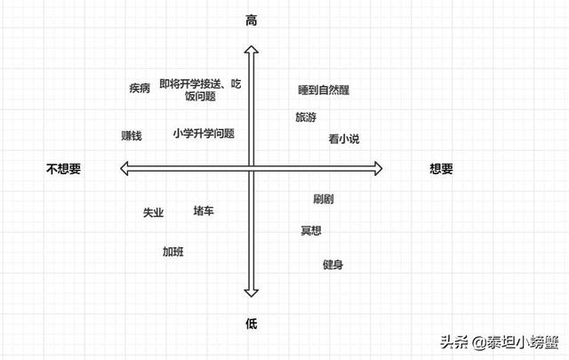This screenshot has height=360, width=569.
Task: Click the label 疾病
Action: pyautogui.click(x=140, y=88)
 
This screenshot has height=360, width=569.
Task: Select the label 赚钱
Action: pyautogui.click(x=132, y=136)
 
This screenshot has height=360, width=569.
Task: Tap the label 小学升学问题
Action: pyautogui.click(x=204, y=133)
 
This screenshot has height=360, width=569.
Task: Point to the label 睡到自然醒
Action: pyautogui.click(x=323, y=90)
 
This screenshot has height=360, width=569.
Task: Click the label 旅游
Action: pyautogui.click(x=305, y=116)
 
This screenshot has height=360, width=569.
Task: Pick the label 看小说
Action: pyautogui.click(x=343, y=138)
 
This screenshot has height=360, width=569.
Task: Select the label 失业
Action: pyautogui.click(x=153, y=213)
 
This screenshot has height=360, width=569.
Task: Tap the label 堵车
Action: pyautogui.click(x=204, y=211)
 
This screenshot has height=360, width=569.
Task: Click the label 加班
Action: pyautogui.click(x=172, y=252)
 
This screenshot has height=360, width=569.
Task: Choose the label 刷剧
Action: pyautogui.click(x=324, y=199)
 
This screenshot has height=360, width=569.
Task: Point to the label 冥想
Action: pyautogui.click(x=311, y=231)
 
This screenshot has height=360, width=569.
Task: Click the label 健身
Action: pyautogui.click(x=333, y=265)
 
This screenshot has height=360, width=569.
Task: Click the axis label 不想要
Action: pyautogui.click(x=63, y=168)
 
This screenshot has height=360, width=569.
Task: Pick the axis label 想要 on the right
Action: pyautogui.click(x=441, y=168)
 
